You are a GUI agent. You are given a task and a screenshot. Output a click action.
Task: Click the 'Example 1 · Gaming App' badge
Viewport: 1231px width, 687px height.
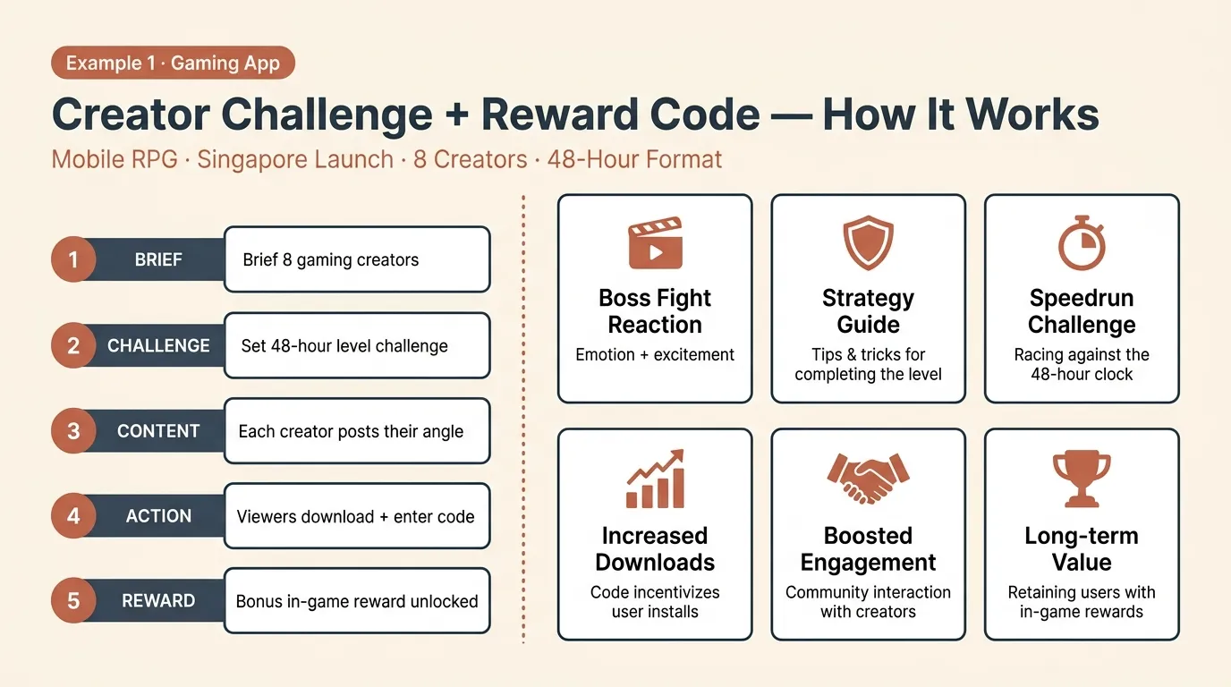pyautogui.click(x=173, y=64)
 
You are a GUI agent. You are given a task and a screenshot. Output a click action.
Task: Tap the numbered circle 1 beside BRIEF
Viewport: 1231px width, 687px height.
pyautogui.click(x=73, y=259)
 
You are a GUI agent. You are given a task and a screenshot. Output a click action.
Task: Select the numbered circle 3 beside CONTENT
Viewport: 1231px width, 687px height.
pyautogui.click(x=73, y=430)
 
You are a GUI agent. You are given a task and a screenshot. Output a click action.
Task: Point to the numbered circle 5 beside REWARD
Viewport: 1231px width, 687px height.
pyautogui.click(x=73, y=600)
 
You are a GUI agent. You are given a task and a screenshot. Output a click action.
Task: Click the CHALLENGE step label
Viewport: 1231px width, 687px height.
pyautogui.click(x=158, y=345)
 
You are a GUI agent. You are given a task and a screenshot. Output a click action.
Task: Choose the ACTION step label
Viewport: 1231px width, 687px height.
pyautogui.click(x=158, y=516)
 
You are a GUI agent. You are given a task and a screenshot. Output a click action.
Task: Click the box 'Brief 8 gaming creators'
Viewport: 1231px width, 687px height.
pyautogui.click(x=357, y=259)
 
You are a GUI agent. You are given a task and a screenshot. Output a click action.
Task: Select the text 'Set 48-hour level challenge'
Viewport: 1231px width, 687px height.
pyautogui.click(x=344, y=345)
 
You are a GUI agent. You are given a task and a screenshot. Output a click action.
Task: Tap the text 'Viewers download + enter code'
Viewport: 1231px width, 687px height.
pyautogui.click(x=355, y=516)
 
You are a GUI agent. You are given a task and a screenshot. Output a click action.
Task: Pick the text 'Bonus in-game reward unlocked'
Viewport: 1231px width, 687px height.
pyautogui.click(x=357, y=601)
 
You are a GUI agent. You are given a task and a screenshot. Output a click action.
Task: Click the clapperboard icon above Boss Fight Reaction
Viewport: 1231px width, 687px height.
pyautogui.click(x=655, y=244)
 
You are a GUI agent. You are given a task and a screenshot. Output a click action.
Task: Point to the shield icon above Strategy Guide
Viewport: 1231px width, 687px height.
pyautogui.click(x=868, y=242)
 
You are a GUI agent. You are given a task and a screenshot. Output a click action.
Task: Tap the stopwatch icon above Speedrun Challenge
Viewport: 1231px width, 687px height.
pyautogui.click(x=1082, y=242)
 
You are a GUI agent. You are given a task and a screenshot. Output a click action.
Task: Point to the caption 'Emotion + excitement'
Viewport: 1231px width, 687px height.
pyautogui.click(x=655, y=355)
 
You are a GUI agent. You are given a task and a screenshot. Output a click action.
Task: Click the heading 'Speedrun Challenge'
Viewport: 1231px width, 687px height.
pyautogui.click(x=1082, y=311)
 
